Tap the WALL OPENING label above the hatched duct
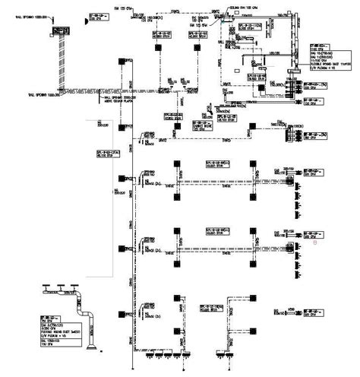(x=36, y=14)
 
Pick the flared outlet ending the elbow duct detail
(x=92, y=350)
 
